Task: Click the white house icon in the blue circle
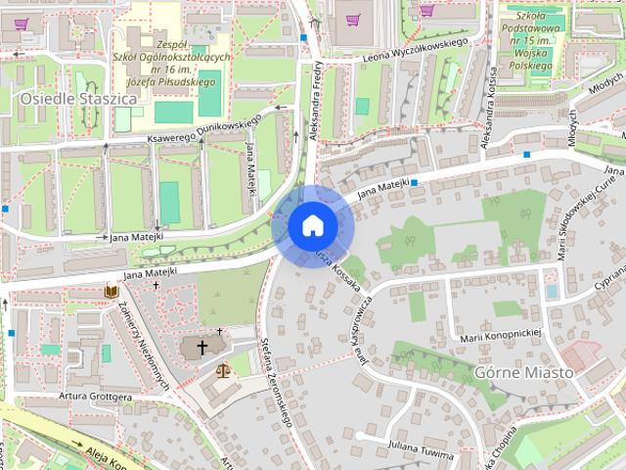click(x=313, y=226)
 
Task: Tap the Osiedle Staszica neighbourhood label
click(x=65, y=99)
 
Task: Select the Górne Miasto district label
click(x=523, y=372)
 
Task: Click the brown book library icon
click(x=111, y=291)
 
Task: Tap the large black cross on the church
click(x=203, y=347)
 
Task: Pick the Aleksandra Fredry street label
click(x=316, y=98)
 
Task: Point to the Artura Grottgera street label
click(x=95, y=396)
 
